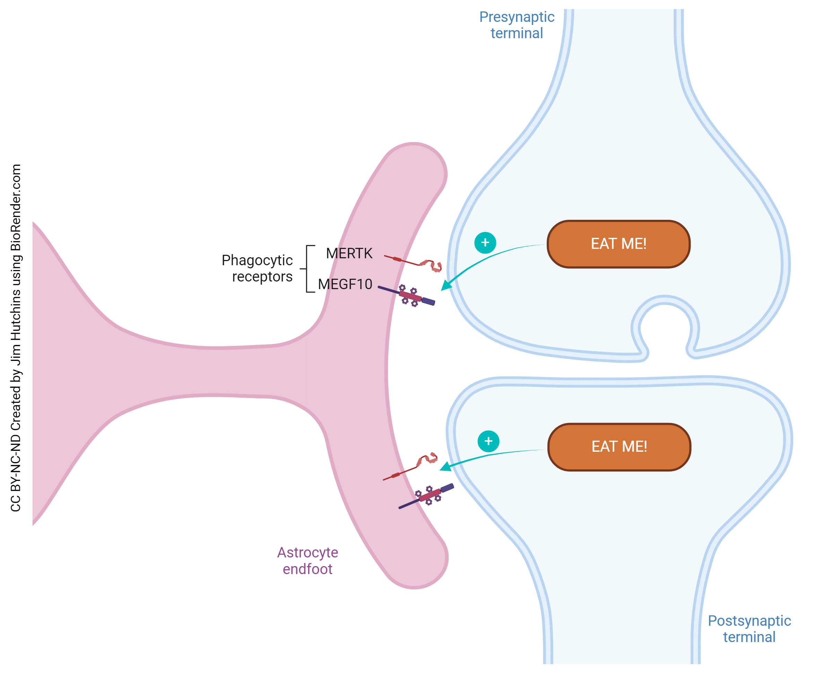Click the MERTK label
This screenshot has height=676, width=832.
point(349,253)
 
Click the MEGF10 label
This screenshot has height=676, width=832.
point(345,284)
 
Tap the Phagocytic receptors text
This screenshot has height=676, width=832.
point(257,268)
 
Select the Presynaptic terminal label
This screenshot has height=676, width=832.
point(516,25)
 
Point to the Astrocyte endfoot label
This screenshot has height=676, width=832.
point(307,561)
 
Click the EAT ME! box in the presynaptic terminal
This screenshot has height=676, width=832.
point(618,244)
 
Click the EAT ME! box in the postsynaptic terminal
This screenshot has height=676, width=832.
point(619,447)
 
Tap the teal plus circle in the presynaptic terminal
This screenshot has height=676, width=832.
point(485,243)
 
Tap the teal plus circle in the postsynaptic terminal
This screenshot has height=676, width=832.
point(488,441)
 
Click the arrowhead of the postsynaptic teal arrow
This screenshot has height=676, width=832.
point(444,467)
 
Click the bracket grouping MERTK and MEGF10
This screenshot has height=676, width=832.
point(307,269)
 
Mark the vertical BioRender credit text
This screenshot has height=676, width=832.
point(16,338)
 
